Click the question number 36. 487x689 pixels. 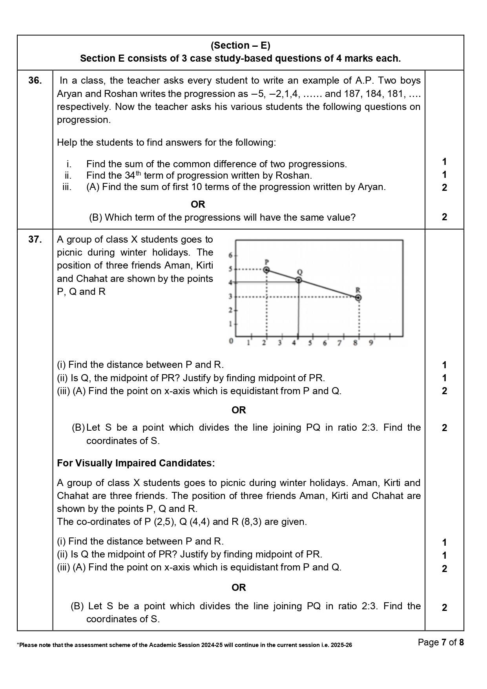(35, 80)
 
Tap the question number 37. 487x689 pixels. (35, 239)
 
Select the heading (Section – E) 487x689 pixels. (240, 46)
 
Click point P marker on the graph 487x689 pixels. (266, 270)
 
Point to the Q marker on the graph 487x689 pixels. (299, 280)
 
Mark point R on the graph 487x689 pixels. (358, 298)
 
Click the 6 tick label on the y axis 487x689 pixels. (231, 256)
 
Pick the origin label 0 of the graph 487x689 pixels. (231, 341)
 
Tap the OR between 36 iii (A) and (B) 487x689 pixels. (198, 204)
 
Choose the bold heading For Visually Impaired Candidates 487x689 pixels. (136, 463)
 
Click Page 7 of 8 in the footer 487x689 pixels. (441, 642)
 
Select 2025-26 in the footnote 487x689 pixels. (341, 645)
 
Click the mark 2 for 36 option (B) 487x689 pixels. (444, 217)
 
